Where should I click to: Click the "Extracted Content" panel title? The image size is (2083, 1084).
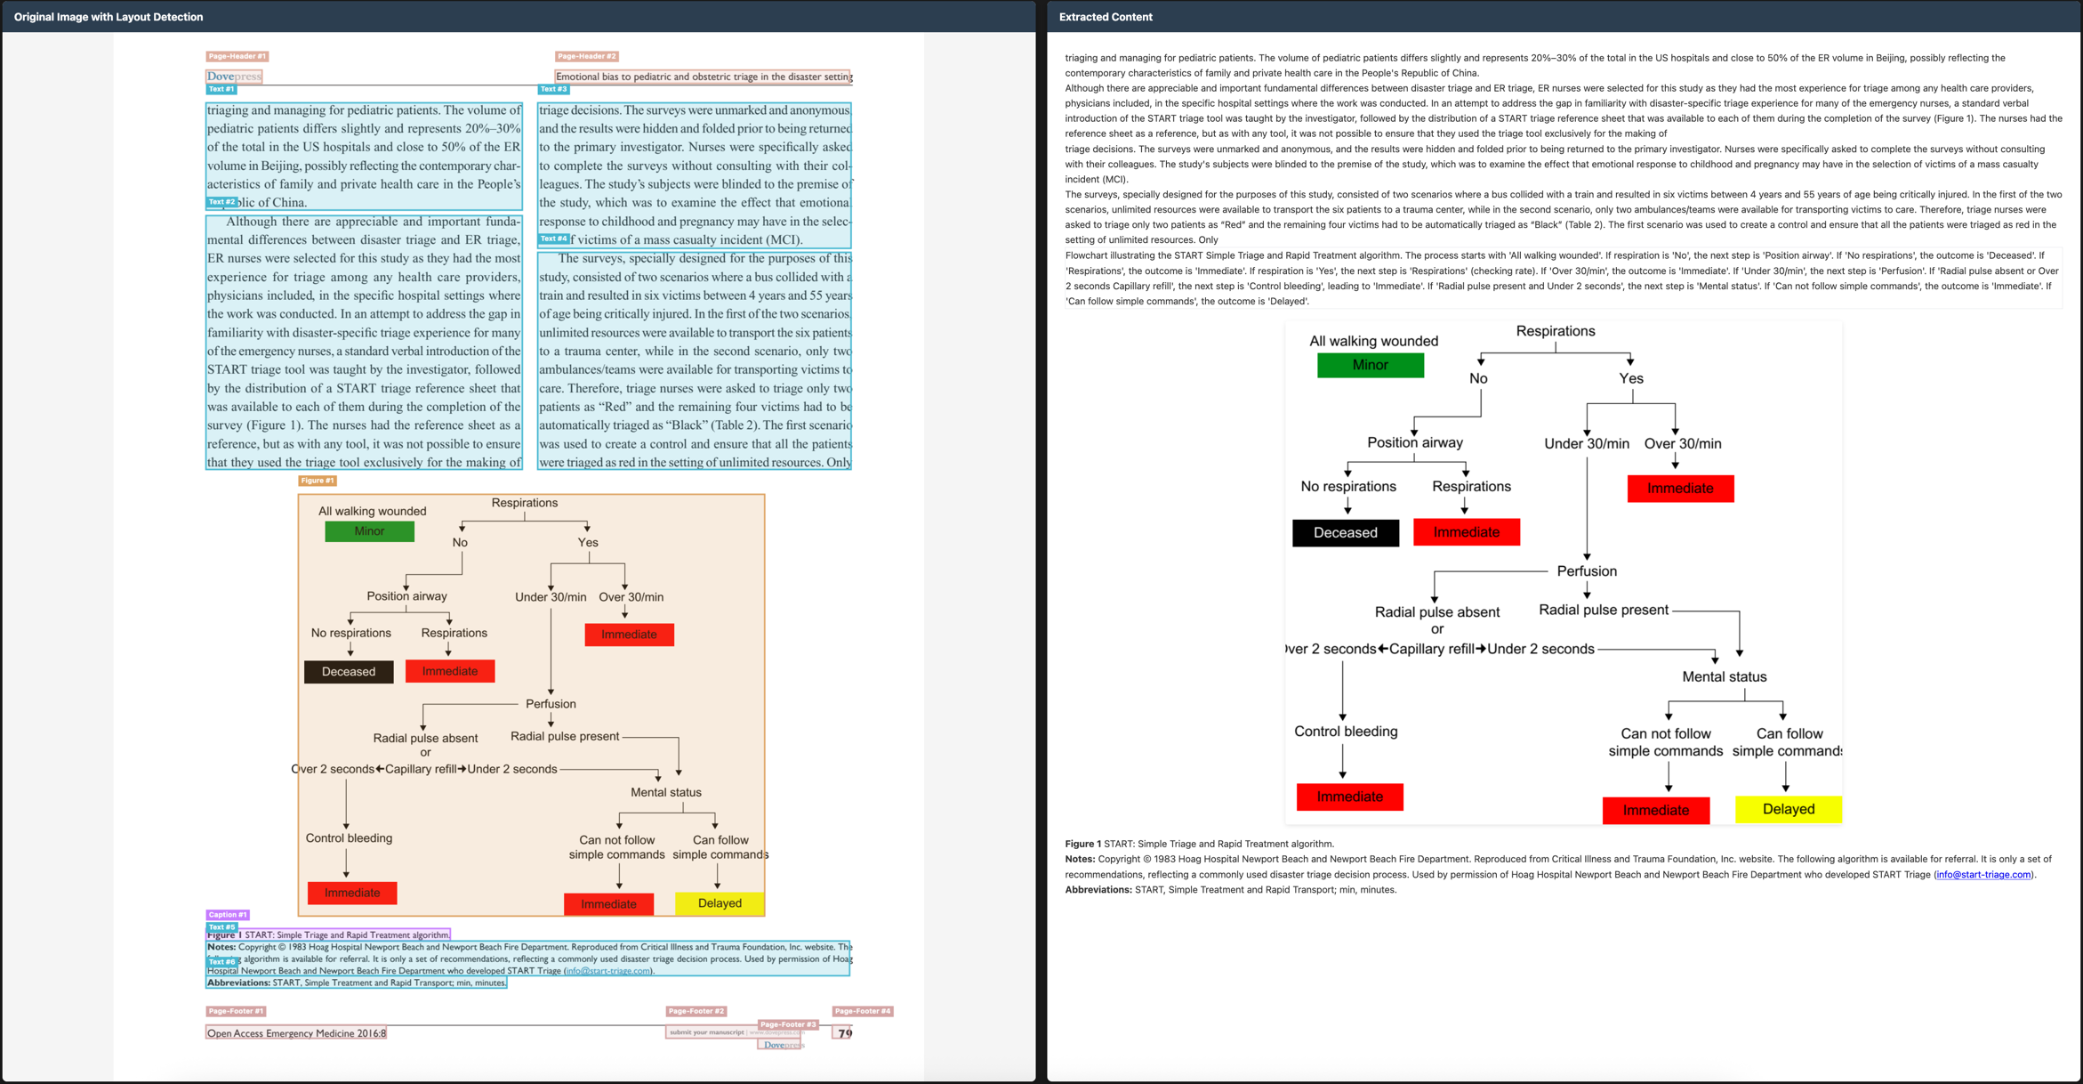1105,17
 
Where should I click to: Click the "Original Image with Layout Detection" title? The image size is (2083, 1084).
109,17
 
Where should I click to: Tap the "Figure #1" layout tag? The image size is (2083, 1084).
317,481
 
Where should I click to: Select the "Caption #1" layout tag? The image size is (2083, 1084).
228,915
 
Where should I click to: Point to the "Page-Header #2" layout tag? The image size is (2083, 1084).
586,56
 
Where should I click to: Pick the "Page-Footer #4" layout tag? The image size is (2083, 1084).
862,1011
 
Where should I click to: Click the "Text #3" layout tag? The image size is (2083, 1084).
553,89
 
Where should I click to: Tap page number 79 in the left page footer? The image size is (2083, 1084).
844,1033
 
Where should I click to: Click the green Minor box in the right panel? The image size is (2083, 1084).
1370,365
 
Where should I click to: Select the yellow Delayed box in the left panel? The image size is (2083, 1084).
720,903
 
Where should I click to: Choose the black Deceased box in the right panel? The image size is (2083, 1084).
1345,532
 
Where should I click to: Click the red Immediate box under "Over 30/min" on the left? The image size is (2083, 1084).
629,635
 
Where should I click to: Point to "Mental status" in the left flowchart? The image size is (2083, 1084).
665,792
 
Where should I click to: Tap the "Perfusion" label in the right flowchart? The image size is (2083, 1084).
1586,571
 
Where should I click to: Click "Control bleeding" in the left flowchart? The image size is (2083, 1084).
349,838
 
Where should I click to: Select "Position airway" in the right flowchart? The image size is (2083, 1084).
1414,442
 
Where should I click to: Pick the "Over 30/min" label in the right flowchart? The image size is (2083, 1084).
1682,443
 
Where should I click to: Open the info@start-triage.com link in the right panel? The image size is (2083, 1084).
1983,875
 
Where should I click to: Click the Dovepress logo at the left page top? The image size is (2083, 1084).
234,77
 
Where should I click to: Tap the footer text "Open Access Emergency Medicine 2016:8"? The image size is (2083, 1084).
296,1033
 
